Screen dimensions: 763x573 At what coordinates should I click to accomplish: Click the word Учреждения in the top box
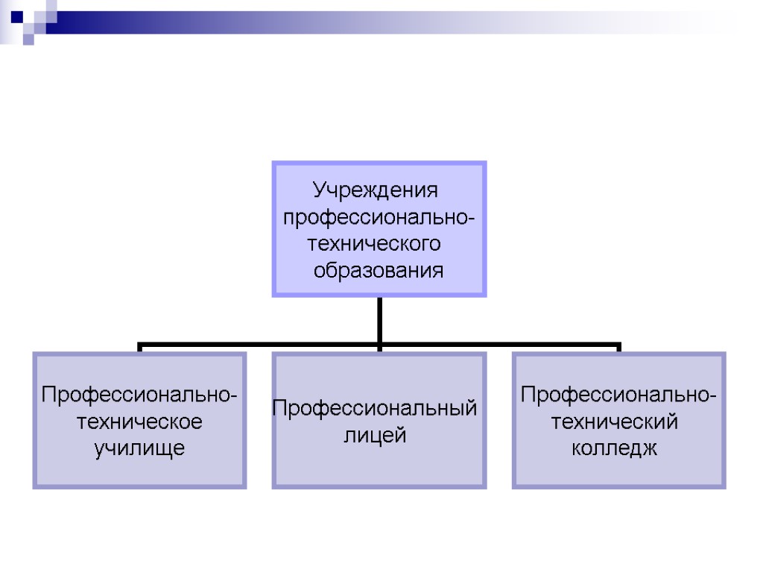[x=375, y=190]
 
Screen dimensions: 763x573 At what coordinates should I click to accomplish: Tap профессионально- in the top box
[x=379, y=217]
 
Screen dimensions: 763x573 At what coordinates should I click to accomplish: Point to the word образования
[x=379, y=270]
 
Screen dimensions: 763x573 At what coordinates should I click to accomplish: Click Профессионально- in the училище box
[x=140, y=394]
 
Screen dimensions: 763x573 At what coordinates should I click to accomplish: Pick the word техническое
[x=140, y=422]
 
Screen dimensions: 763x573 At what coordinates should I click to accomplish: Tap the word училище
[x=139, y=448]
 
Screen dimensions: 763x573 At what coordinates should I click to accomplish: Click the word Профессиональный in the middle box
[x=375, y=408]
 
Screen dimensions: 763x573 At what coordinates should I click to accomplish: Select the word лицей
[x=375, y=435]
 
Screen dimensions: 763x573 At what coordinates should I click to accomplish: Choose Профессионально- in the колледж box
[x=619, y=394]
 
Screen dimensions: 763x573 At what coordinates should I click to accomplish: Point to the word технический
[x=615, y=422]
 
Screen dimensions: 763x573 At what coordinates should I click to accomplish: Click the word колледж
[x=615, y=448]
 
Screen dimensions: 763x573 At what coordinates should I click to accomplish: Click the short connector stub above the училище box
[x=140, y=348]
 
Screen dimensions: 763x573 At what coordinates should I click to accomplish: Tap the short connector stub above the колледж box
[x=618, y=348]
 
